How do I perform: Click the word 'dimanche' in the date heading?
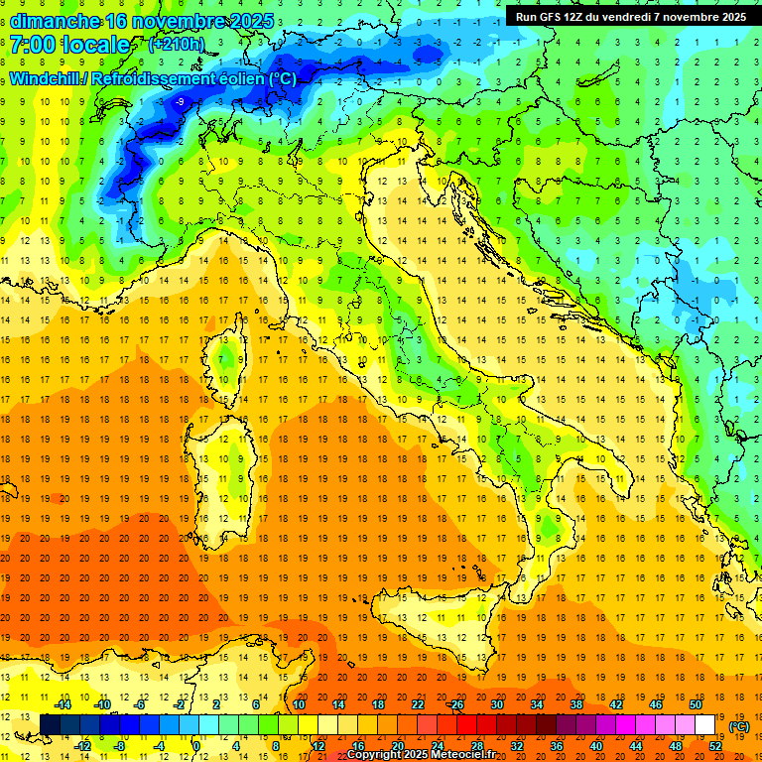49,21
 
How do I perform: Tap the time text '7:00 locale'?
69,45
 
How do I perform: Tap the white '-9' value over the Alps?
180,102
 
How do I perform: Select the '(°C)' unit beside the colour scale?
738,726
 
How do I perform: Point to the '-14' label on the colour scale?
63,704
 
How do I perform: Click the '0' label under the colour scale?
196,745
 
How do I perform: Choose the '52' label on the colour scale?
715,745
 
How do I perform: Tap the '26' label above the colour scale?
456,704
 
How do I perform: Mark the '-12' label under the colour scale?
83,745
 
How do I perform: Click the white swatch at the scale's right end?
705,724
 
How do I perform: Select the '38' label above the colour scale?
576,704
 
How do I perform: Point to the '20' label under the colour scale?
397,745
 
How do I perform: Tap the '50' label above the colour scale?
696,704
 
